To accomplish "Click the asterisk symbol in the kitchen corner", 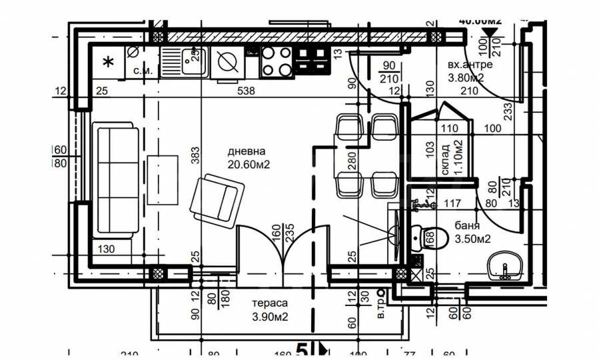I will (108, 63).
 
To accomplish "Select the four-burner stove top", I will (277, 61).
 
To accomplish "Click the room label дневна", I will (246, 151).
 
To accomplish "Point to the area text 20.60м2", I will (247, 163).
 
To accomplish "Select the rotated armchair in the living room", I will (216, 197).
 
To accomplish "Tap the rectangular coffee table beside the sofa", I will (163, 179).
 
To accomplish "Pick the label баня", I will (468, 225).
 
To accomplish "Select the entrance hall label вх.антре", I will (470, 65).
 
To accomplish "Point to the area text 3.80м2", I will (465, 77).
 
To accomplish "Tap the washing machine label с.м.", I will (143, 70).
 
